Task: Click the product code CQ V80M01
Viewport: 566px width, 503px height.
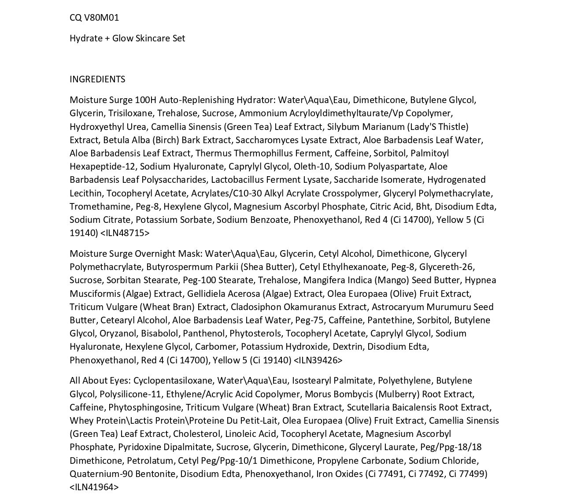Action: [94, 18]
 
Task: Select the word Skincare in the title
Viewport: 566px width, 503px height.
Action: [153, 38]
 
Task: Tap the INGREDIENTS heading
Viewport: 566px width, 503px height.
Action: [97, 79]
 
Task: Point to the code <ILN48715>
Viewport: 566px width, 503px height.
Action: [125, 233]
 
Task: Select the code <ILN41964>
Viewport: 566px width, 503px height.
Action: [94, 487]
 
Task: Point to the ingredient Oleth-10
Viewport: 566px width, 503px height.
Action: [311, 166]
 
